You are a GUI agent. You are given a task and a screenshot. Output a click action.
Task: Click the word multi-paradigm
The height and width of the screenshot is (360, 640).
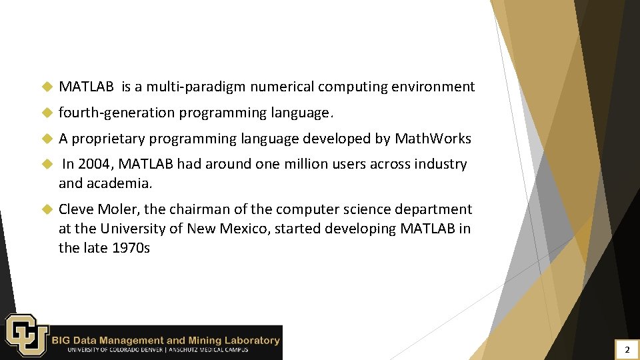click(x=187, y=87)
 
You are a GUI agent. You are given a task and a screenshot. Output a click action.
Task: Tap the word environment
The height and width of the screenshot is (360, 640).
click(x=433, y=87)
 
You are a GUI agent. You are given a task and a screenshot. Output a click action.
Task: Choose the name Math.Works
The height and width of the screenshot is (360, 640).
click(x=433, y=139)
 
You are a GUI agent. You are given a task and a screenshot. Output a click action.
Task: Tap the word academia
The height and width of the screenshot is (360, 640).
click(x=119, y=183)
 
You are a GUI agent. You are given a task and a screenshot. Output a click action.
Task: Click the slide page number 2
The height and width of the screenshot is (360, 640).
click(x=627, y=349)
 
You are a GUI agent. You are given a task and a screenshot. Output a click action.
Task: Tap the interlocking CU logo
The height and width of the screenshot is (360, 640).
click(x=27, y=335)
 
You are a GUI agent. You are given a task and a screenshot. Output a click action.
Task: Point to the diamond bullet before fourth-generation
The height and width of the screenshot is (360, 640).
click(x=47, y=113)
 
